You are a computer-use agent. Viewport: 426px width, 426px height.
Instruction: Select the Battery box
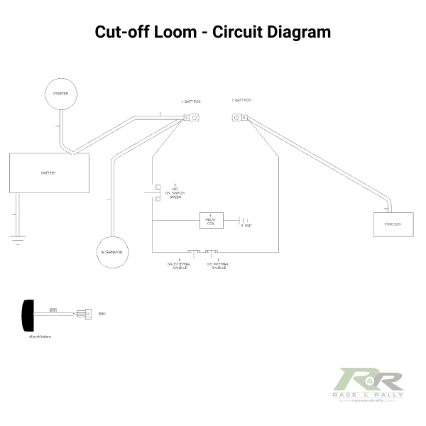click(49, 173)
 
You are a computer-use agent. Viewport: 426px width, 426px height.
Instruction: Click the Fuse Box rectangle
click(393, 224)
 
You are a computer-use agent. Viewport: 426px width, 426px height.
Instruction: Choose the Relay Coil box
click(210, 220)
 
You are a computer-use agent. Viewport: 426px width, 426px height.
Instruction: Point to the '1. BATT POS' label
click(191, 102)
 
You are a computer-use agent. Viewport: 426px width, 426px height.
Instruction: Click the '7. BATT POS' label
click(241, 101)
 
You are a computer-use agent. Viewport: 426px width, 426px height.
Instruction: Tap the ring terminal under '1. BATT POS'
click(192, 119)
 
